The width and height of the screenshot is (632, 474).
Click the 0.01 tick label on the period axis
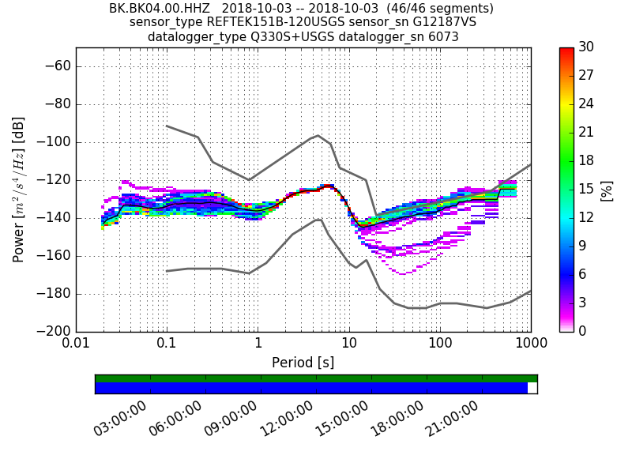pos(76,344)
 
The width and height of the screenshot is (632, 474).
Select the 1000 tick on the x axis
pos(529,344)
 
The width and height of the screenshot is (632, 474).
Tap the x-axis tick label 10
pos(349,344)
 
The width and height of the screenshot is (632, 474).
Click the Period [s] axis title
pos(303,363)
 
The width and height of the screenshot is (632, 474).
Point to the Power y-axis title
pos(19,190)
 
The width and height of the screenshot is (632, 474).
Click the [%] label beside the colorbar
pos(607,190)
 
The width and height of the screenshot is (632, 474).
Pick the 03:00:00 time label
pos(120,419)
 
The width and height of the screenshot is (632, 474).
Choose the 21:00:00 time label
pos(452,419)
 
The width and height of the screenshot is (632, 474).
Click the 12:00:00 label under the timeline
pos(286,419)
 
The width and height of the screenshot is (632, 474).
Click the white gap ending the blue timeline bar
pos(532,388)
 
